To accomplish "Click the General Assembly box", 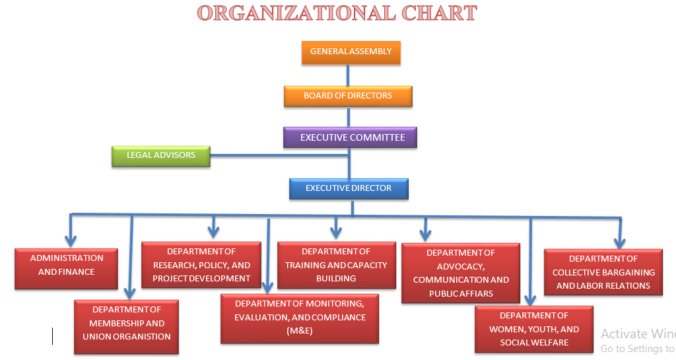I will [x=351, y=52].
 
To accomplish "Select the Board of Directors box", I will [x=348, y=96].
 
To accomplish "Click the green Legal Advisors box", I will [x=161, y=156].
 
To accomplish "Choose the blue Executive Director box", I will [x=349, y=189].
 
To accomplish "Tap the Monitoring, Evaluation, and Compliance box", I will [x=300, y=318].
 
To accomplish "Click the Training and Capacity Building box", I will [x=336, y=265].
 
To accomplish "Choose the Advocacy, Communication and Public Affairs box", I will [x=461, y=273].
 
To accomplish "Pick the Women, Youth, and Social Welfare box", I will [x=533, y=329].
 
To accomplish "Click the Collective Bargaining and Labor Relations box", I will [x=603, y=272].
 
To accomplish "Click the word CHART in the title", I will [x=438, y=13].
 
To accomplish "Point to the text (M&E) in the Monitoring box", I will [x=300, y=332].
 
